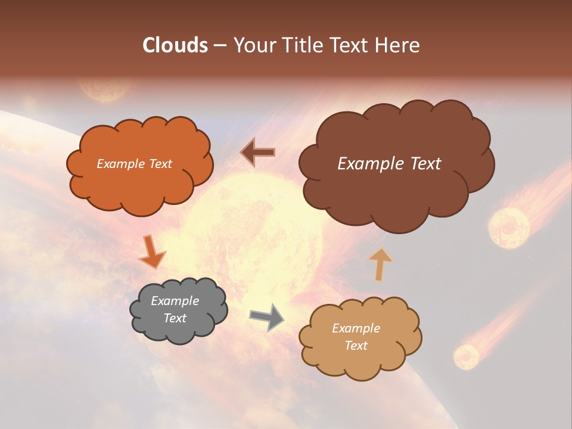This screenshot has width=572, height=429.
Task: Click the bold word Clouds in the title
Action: pos(175,45)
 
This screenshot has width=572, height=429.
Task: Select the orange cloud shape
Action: pos(140,185)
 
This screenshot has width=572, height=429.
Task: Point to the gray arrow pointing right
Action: pos(266,316)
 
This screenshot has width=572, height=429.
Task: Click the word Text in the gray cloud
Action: pos(175,318)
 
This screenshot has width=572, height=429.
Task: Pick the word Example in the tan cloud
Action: pos(356,328)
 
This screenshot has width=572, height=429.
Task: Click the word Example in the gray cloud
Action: pos(175,301)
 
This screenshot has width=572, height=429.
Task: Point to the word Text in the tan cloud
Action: pos(356,346)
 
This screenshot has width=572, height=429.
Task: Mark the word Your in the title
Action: pos(253,45)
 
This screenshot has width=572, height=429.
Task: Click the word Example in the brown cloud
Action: pos(368,164)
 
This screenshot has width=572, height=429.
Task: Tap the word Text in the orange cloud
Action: pos(160,164)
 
